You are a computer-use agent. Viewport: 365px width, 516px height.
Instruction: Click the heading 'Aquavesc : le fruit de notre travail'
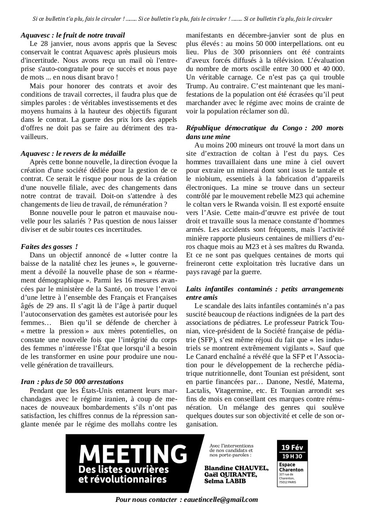click(x=73, y=35)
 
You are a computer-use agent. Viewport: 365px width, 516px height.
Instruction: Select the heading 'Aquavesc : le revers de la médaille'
click(x=73, y=154)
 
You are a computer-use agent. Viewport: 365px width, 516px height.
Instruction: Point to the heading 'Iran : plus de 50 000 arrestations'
click(x=72, y=381)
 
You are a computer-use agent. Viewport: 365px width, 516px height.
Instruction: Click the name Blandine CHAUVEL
click(x=236, y=468)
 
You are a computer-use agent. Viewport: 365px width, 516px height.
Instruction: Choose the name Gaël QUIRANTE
click(x=231, y=474)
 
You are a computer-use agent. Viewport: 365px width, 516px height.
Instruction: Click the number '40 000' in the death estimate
click(x=329, y=68)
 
